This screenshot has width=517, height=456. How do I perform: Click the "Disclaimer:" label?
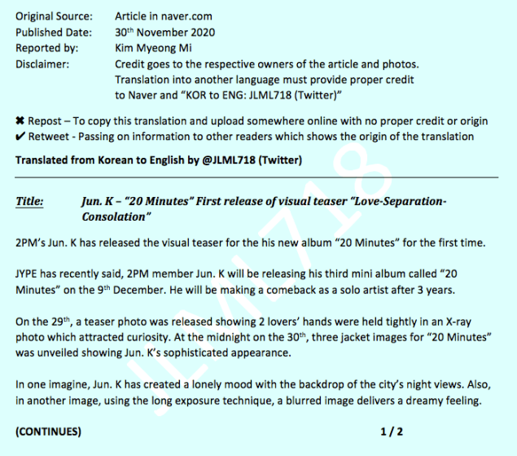click(x=42, y=64)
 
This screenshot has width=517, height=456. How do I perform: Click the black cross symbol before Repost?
click(x=20, y=121)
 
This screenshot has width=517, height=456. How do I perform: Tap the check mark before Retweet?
click(x=20, y=137)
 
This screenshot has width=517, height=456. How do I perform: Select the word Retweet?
click(x=48, y=137)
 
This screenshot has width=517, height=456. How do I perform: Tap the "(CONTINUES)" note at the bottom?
click(x=49, y=432)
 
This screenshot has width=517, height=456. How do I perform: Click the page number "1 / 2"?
click(x=392, y=432)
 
